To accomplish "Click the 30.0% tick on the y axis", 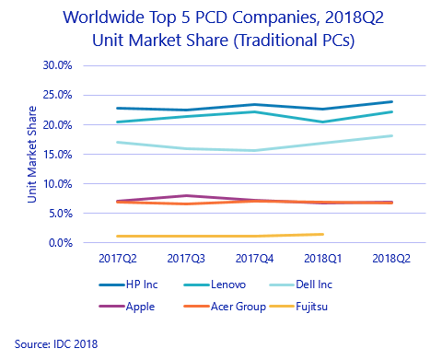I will (x=58, y=65).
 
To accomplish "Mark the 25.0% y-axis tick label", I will (x=58, y=95).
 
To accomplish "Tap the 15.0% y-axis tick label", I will (x=58, y=154).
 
